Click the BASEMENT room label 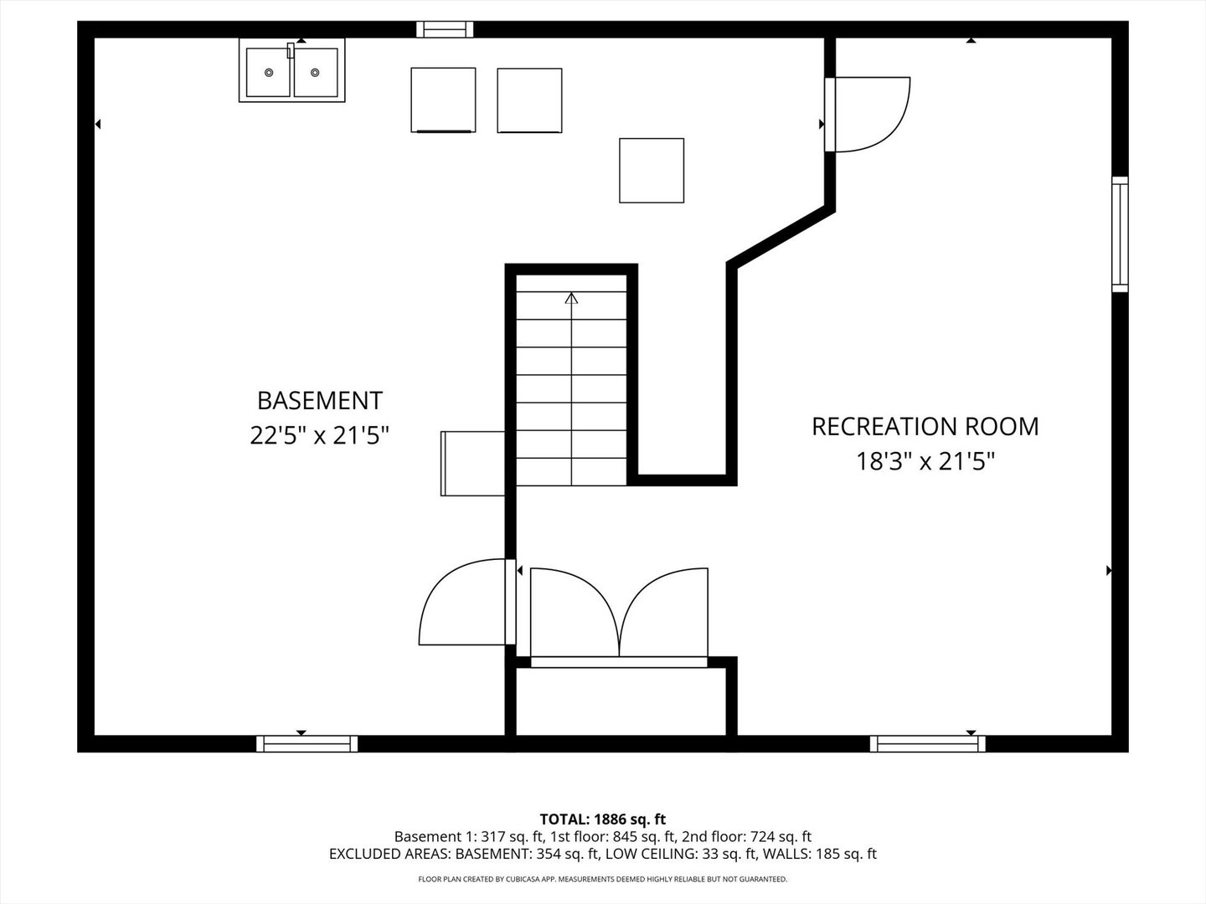[x=320, y=401]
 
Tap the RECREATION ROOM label [x=925, y=427]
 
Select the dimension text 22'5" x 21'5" [x=320, y=436]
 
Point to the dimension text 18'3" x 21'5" [x=925, y=461]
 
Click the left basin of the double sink [x=268, y=73]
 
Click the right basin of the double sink [x=316, y=73]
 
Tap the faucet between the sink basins [x=291, y=50]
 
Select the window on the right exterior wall [x=1121, y=234]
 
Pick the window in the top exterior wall [x=445, y=29]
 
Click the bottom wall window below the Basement [x=307, y=744]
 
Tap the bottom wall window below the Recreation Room [x=927, y=744]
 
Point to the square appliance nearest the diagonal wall [x=652, y=171]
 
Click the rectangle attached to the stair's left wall [x=473, y=464]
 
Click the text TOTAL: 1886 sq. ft [x=603, y=819]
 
